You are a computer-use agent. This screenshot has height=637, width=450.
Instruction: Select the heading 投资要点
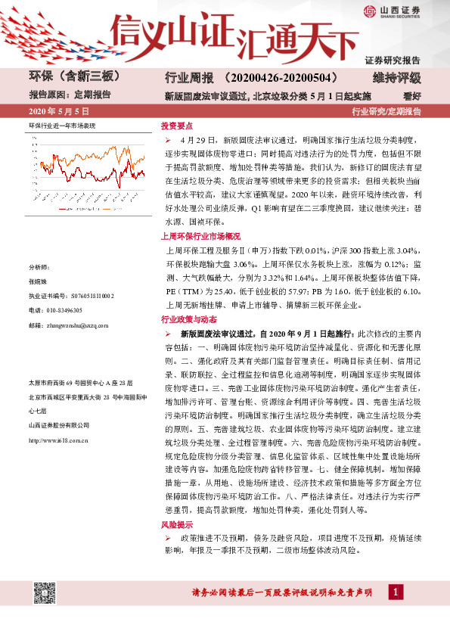coord(177,126)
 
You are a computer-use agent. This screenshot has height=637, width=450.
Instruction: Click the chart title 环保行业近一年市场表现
coord(62,123)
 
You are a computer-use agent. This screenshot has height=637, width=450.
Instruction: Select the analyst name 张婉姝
coord(38,281)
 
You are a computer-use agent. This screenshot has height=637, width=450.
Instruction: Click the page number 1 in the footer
coord(397,591)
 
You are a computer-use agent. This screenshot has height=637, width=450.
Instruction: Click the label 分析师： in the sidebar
coord(39,267)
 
